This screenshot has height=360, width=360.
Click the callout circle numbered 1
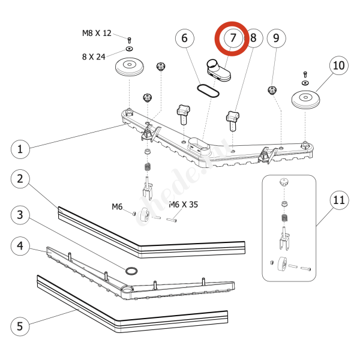[20, 149]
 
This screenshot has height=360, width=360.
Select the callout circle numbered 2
[20, 179]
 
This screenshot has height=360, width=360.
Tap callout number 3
[20, 215]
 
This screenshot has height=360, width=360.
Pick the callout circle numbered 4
[20, 246]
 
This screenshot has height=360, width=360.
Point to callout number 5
[20, 327]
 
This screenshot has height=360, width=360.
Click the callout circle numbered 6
[185, 38]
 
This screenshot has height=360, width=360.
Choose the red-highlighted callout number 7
[232, 38]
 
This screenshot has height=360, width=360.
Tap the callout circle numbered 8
[253, 38]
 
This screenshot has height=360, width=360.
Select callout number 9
[276, 38]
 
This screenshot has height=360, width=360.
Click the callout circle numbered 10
[338, 65]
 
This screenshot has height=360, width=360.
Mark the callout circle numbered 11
[338, 200]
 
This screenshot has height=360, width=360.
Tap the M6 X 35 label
[183, 205]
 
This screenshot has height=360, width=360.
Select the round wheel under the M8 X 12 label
[130, 67]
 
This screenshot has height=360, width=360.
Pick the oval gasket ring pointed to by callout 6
[207, 90]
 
